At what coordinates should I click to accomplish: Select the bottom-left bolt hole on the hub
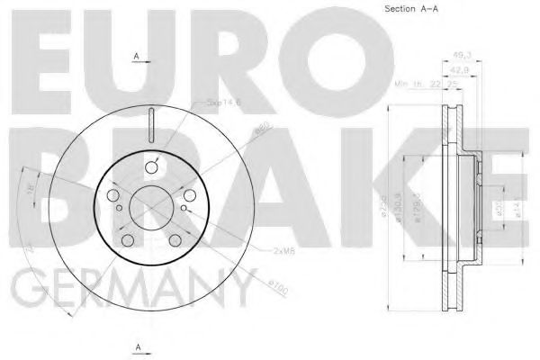pos(127,240)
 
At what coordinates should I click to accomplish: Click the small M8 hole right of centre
pos(184,209)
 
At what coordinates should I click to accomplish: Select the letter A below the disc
pos(137,345)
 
